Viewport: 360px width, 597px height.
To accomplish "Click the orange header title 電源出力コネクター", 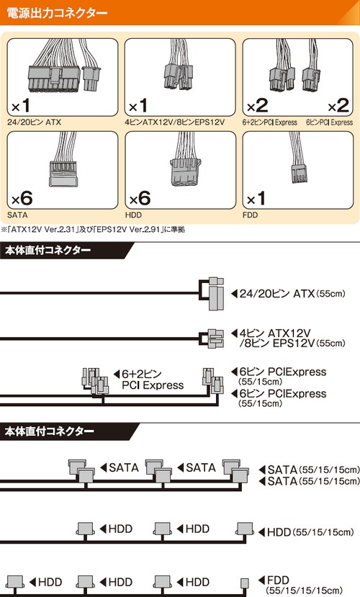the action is [x=57, y=13].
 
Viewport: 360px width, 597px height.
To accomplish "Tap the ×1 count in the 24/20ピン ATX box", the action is [x=21, y=105].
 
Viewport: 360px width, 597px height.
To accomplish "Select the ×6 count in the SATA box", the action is [x=22, y=198].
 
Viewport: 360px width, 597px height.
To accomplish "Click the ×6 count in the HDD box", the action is [x=140, y=198].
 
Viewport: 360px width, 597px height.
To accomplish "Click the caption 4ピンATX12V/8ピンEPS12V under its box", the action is [x=175, y=122].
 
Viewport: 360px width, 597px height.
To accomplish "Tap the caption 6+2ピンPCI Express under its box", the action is [x=270, y=122].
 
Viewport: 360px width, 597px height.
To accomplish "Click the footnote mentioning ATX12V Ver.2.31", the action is [x=93, y=230].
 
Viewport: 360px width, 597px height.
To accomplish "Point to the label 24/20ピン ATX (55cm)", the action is [x=292, y=294].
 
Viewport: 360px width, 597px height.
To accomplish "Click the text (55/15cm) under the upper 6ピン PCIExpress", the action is [x=261, y=382].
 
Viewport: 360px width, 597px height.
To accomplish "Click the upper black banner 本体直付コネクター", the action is [x=48, y=251].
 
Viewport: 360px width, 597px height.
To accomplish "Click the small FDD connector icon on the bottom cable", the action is [x=245, y=583].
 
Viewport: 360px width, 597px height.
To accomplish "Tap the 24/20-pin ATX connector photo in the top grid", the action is [x=64, y=76].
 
